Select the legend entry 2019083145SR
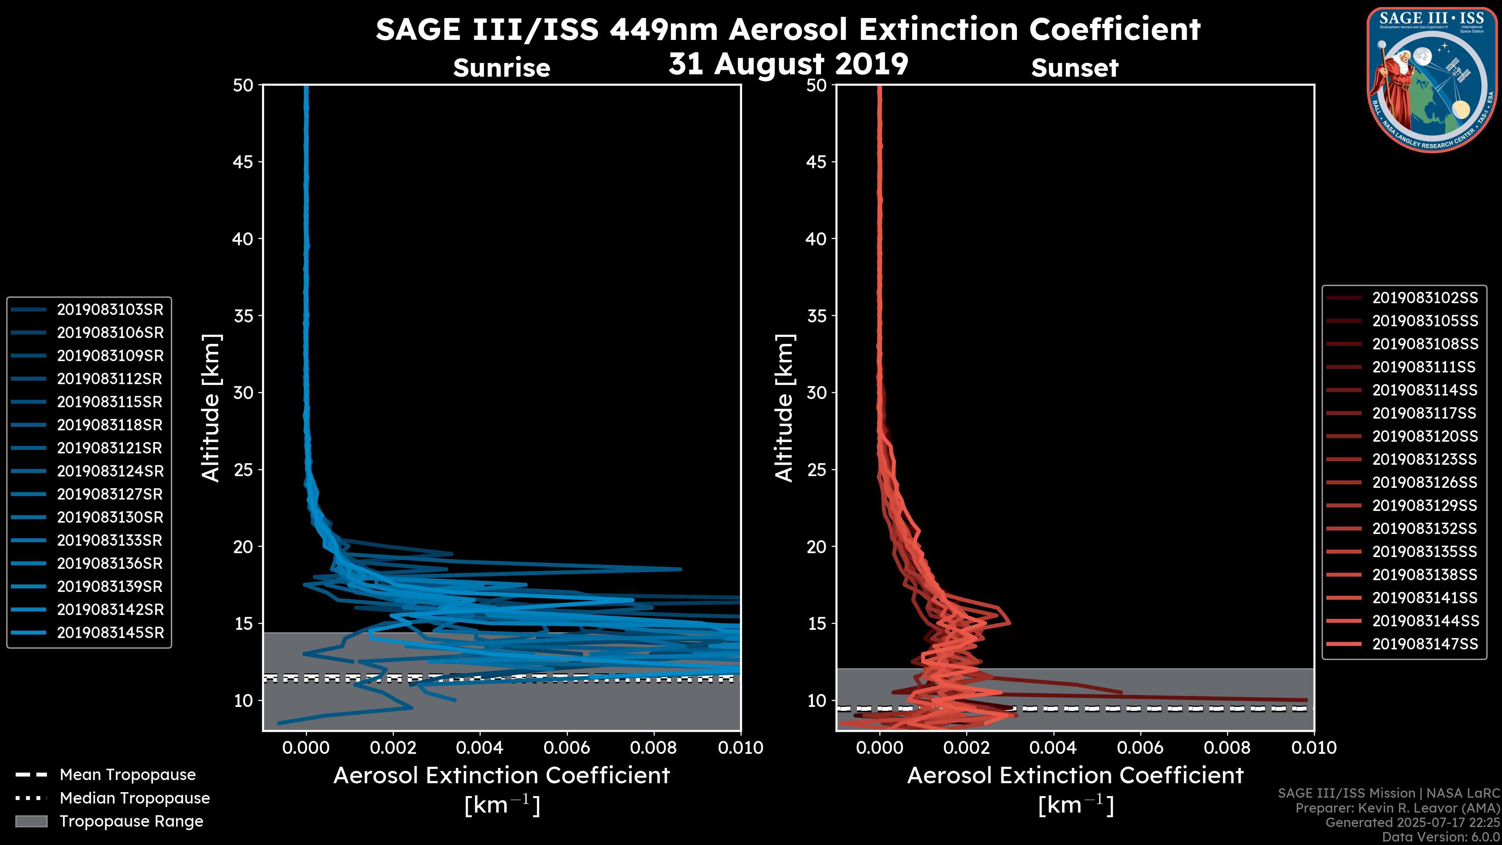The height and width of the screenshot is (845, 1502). (110, 633)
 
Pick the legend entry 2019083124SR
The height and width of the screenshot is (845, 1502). (110, 471)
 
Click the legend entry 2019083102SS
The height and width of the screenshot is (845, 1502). (1425, 298)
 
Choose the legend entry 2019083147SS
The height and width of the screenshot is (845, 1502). (1425, 644)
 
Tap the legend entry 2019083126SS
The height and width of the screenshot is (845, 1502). (1425, 482)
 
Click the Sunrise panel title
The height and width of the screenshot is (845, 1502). (501, 68)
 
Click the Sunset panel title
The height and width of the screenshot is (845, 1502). (1074, 68)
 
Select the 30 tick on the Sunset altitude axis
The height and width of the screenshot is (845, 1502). (817, 392)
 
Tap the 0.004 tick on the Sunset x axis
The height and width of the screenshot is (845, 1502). (1053, 748)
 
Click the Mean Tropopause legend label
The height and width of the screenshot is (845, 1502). (128, 775)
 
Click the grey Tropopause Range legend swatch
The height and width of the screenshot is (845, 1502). (31, 821)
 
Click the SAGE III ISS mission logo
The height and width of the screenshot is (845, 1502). (1432, 79)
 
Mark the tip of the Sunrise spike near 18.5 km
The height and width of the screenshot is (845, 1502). (681, 568)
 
